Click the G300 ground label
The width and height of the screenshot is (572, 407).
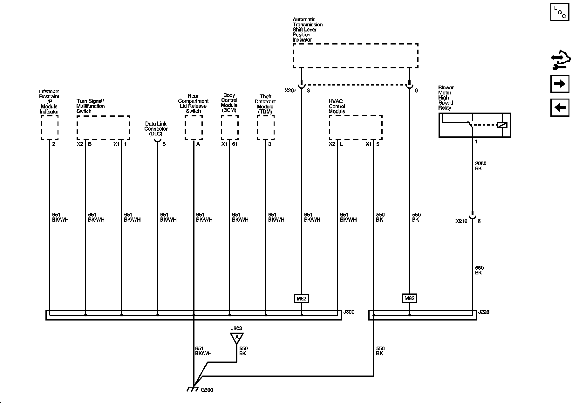click(x=207, y=390)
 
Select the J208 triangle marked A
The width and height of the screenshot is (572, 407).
click(x=236, y=337)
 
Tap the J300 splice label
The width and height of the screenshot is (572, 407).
click(x=349, y=312)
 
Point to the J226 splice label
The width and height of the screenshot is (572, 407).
click(x=484, y=312)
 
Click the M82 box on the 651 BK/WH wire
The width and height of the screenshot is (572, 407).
click(x=301, y=299)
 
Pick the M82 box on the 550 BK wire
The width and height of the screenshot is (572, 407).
click(x=409, y=299)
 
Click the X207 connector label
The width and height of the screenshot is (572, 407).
click(x=290, y=91)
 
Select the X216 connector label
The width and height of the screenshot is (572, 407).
click(x=461, y=221)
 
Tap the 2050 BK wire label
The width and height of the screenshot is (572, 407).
click(x=480, y=166)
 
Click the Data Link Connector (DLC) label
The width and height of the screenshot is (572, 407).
click(x=156, y=129)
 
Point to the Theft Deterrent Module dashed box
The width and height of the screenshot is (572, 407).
click(x=266, y=128)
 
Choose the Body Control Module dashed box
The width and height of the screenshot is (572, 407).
click(x=229, y=128)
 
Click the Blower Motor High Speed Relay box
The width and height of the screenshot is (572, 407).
click(x=474, y=125)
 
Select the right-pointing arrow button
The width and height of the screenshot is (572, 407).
click(x=560, y=84)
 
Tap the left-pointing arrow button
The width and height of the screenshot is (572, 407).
click(x=560, y=108)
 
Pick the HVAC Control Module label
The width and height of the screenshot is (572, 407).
click(x=337, y=107)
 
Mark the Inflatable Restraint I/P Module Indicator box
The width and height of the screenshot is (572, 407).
click(x=50, y=128)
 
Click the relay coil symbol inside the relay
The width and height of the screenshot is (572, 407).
click(x=502, y=125)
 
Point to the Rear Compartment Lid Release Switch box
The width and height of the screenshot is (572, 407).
click(x=194, y=128)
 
